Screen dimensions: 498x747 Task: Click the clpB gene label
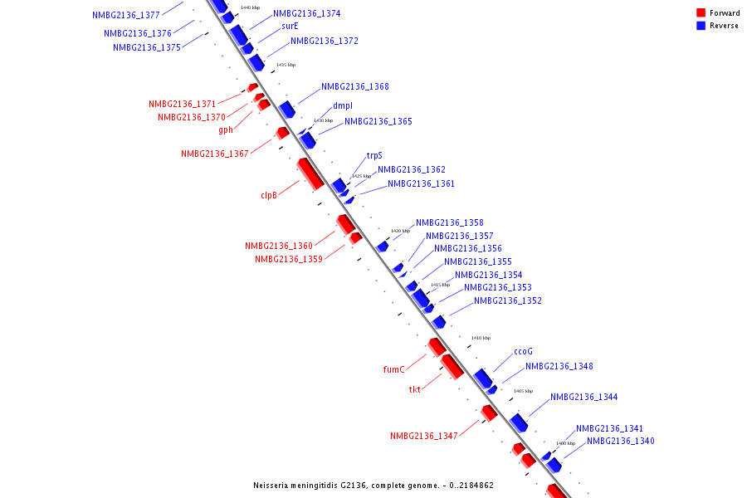point(268,196)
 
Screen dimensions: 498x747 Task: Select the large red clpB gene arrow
point(310,173)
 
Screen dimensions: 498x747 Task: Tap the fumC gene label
point(393,370)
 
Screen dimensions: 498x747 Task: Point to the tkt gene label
point(415,389)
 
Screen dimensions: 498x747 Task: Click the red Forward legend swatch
point(701,13)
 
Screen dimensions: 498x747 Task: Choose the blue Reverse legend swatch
point(701,26)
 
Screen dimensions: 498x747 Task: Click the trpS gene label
point(374,156)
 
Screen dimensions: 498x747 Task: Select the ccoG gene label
point(523,352)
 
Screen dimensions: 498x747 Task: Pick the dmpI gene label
point(343,106)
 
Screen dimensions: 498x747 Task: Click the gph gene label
point(226,129)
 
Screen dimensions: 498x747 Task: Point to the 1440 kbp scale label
point(250,7)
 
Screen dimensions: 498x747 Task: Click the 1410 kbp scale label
point(481,338)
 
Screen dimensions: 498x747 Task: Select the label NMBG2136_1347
point(424,437)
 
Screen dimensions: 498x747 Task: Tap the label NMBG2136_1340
point(620,442)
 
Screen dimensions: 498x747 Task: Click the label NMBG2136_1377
point(126,15)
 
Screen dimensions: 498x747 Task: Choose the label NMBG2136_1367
point(215,154)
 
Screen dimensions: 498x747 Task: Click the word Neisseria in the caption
point(273,486)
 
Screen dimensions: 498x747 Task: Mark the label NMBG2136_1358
point(450,222)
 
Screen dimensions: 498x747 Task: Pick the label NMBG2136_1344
point(583,398)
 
